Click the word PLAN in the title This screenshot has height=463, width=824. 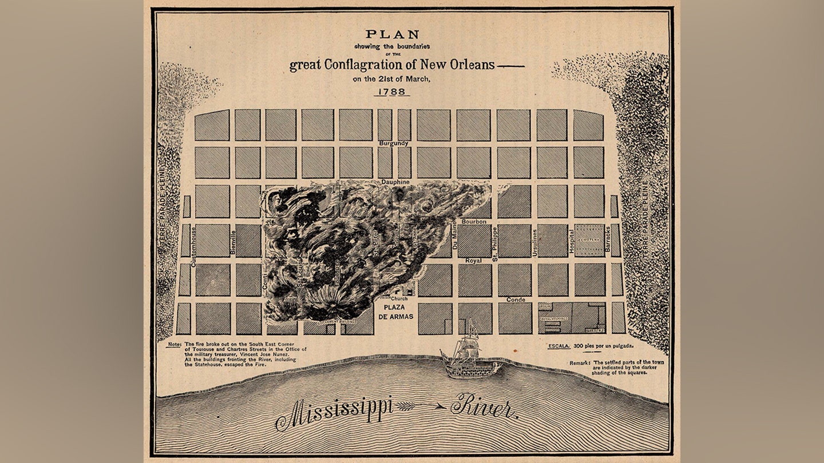click(x=393, y=34)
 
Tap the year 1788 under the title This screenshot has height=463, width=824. click(x=393, y=91)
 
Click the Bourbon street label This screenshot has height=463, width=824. click(x=474, y=221)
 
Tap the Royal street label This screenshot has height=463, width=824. click(x=473, y=260)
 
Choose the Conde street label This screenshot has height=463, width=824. click(x=516, y=300)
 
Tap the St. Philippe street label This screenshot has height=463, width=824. click(x=495, y=245)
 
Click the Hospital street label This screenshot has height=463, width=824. click(x=571, y=242)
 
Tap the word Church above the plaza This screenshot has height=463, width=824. click(x=399, y=299)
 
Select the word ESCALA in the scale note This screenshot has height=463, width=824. click(x=558, y=346)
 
